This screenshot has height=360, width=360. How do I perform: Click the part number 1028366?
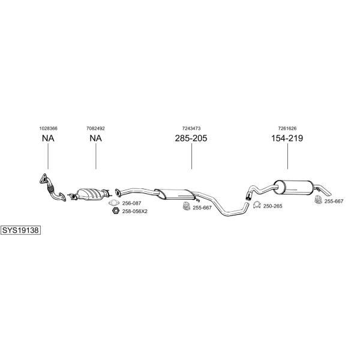(48, 128)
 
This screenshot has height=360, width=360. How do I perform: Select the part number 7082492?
(95, 128)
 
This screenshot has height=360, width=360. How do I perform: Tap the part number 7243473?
(191, 128)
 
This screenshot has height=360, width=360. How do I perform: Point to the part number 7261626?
(287, 128)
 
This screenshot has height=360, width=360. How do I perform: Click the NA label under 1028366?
(48, 139)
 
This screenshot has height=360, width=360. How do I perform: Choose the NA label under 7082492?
(95, 139)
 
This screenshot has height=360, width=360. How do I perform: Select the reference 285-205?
(191, 139)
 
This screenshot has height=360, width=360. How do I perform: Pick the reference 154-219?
(287, 139)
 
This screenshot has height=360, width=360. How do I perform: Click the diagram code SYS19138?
(21, 230)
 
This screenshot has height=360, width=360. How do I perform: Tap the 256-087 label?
(132, 203)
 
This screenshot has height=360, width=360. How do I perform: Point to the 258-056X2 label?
(134, 211)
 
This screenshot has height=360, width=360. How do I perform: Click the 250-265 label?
(272, 206)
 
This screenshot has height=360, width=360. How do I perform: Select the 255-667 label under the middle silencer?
(202, 208)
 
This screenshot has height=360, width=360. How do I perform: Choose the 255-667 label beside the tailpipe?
(334, 202)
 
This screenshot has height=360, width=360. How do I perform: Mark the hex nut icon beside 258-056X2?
(115, 211)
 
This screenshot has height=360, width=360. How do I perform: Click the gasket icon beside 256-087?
(115, 203)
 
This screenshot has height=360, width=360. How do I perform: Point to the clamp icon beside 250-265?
(254, 206)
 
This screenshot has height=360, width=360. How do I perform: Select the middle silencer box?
(174, 193)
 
